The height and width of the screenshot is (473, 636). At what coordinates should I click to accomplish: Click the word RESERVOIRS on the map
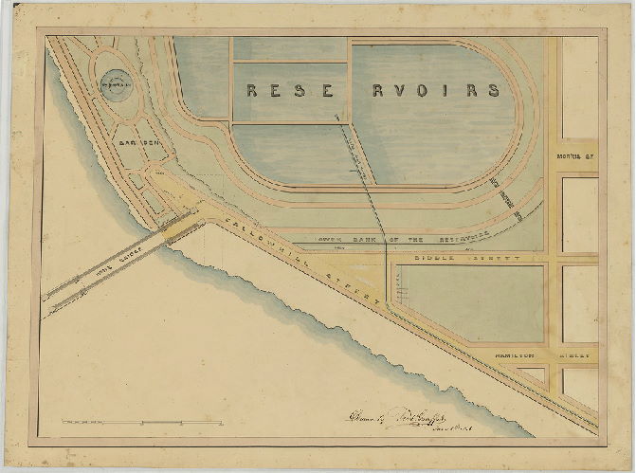pyautogui.click(x=373, y=91)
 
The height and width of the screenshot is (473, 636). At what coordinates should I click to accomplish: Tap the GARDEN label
pyautogui.click(x=140, y=142)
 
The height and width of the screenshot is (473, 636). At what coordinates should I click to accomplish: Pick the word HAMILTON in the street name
pyautogui.click(x=517, y=355)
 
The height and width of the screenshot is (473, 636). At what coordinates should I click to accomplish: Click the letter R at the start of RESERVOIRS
pyautogui.click(x=253, y=91)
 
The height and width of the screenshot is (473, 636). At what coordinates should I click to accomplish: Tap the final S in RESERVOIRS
pyautogui.click(x=493, y=91)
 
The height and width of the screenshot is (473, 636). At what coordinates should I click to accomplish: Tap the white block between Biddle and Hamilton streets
pyautogui.click(x=579, y=302)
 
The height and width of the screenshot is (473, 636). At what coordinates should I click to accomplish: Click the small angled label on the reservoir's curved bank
pyautogui.click(x=519, y=205)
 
